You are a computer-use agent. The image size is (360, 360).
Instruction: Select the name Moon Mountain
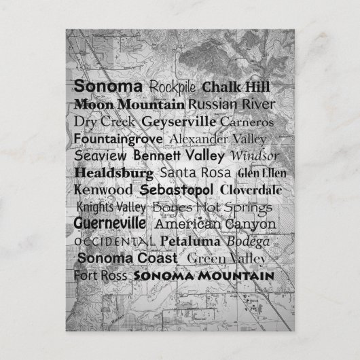point(129,105)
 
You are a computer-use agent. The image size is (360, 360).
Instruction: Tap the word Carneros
point(247,122)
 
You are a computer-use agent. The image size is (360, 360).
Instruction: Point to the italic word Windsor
point(255,156)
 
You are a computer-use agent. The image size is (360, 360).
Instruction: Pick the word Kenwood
point(104,190)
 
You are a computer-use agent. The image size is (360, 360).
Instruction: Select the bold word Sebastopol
point(177,190)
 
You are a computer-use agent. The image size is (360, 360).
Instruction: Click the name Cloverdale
point(251,190)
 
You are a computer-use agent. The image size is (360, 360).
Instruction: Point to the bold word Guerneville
point(110,223)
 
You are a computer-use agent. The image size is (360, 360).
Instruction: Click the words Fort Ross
point(101,276)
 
